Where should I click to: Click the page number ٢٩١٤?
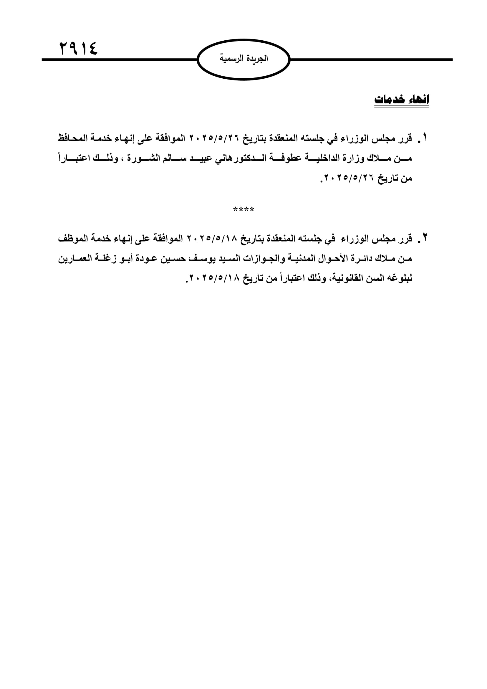click(x=79, y=48)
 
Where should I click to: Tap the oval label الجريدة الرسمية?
click(x=243, y=59)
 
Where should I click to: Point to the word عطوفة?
click(x=284, y=158)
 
